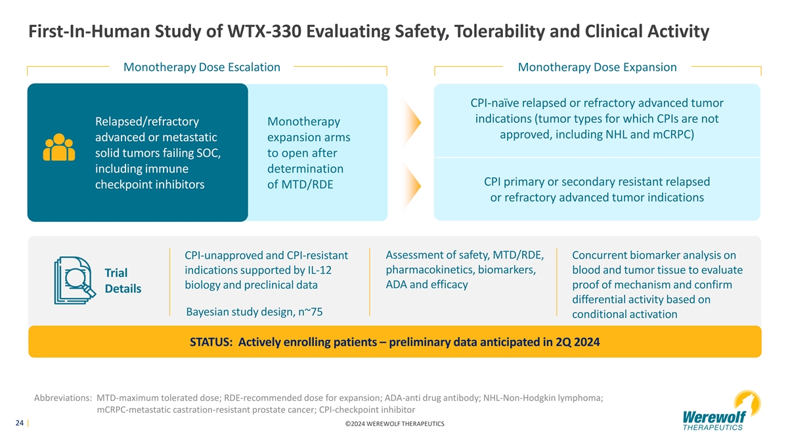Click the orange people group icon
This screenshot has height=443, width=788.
59,147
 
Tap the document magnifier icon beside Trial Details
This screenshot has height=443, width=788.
75,280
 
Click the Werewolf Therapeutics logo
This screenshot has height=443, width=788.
722,410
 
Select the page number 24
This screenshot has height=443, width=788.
19,423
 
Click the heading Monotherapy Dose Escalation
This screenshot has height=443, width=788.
202,67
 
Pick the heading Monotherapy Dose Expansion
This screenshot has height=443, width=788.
597,67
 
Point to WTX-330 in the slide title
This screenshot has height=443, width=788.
265,31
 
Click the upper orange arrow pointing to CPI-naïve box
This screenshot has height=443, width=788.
412,122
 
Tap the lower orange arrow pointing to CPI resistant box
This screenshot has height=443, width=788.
412,185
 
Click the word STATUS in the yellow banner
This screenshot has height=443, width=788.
211,342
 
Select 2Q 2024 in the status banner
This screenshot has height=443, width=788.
578,342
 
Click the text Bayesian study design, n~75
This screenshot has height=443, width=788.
254,312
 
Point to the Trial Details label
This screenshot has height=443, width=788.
123,281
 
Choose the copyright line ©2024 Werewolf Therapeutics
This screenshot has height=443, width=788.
395,424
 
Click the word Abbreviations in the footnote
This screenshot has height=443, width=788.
62,398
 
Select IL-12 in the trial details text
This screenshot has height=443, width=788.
319,270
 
